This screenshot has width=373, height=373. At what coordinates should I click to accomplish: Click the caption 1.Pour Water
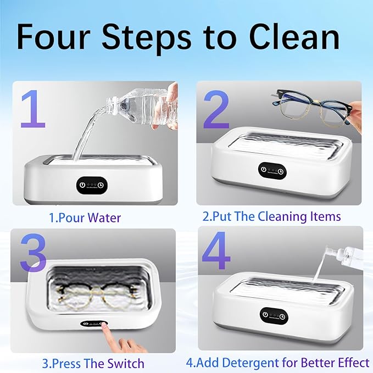pos(85,217)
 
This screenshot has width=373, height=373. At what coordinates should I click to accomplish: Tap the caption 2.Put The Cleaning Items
pos(271,216)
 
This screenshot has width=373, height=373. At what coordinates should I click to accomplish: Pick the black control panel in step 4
pos(273,315)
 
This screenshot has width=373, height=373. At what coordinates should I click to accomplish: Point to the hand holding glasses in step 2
pos(355,113)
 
